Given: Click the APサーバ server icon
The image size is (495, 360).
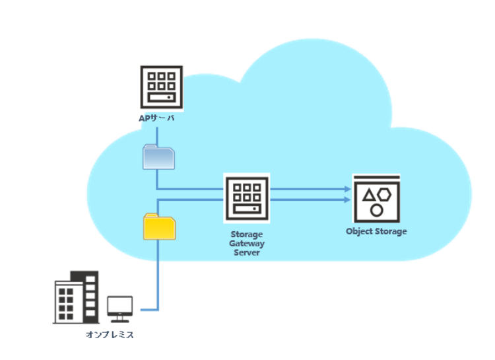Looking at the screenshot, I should [x=162, y=87].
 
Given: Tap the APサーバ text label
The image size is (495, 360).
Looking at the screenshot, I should [x=156, y=118].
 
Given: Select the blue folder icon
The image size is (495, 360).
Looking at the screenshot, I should [x=159, y=157].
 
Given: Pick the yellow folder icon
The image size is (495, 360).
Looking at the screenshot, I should [x=159, y=226].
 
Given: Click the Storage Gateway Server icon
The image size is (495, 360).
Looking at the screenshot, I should [x=246, y=198].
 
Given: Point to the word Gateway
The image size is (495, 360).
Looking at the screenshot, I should [x=246, y=243].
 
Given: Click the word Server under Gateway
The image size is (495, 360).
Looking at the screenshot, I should [x=246, y=252].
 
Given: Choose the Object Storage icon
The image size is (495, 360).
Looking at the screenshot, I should [x=377, y=199].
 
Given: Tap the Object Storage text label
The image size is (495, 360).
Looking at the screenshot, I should [x=376, y=231].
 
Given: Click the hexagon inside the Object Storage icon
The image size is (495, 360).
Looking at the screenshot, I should [x=384, y=194].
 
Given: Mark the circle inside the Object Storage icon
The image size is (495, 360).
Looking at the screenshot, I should [x=377, y=209].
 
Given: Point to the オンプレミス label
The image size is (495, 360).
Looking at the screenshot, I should [x=110, y=335].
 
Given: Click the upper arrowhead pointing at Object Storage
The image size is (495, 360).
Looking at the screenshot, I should [x=347, y=189].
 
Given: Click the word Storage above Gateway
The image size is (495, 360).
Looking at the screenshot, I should [x=246, y=234].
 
